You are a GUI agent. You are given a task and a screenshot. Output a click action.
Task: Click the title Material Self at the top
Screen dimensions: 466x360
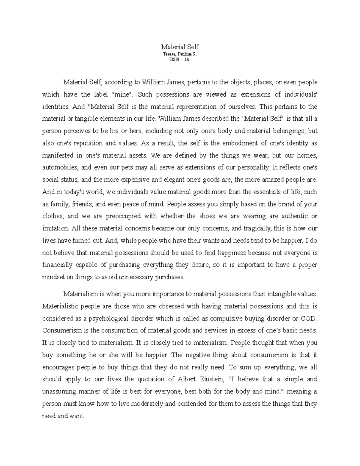(x=180, y=47)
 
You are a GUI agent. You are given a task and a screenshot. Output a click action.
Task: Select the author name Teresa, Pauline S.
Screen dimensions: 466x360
(x=180, y=54)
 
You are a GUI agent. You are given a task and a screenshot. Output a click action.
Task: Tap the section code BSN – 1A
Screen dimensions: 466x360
(x=180, y=59)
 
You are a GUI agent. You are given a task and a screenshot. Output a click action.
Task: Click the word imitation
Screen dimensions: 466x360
(x=55, y=228)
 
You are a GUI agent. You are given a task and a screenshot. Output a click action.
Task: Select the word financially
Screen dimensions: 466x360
(x=57, y=265)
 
